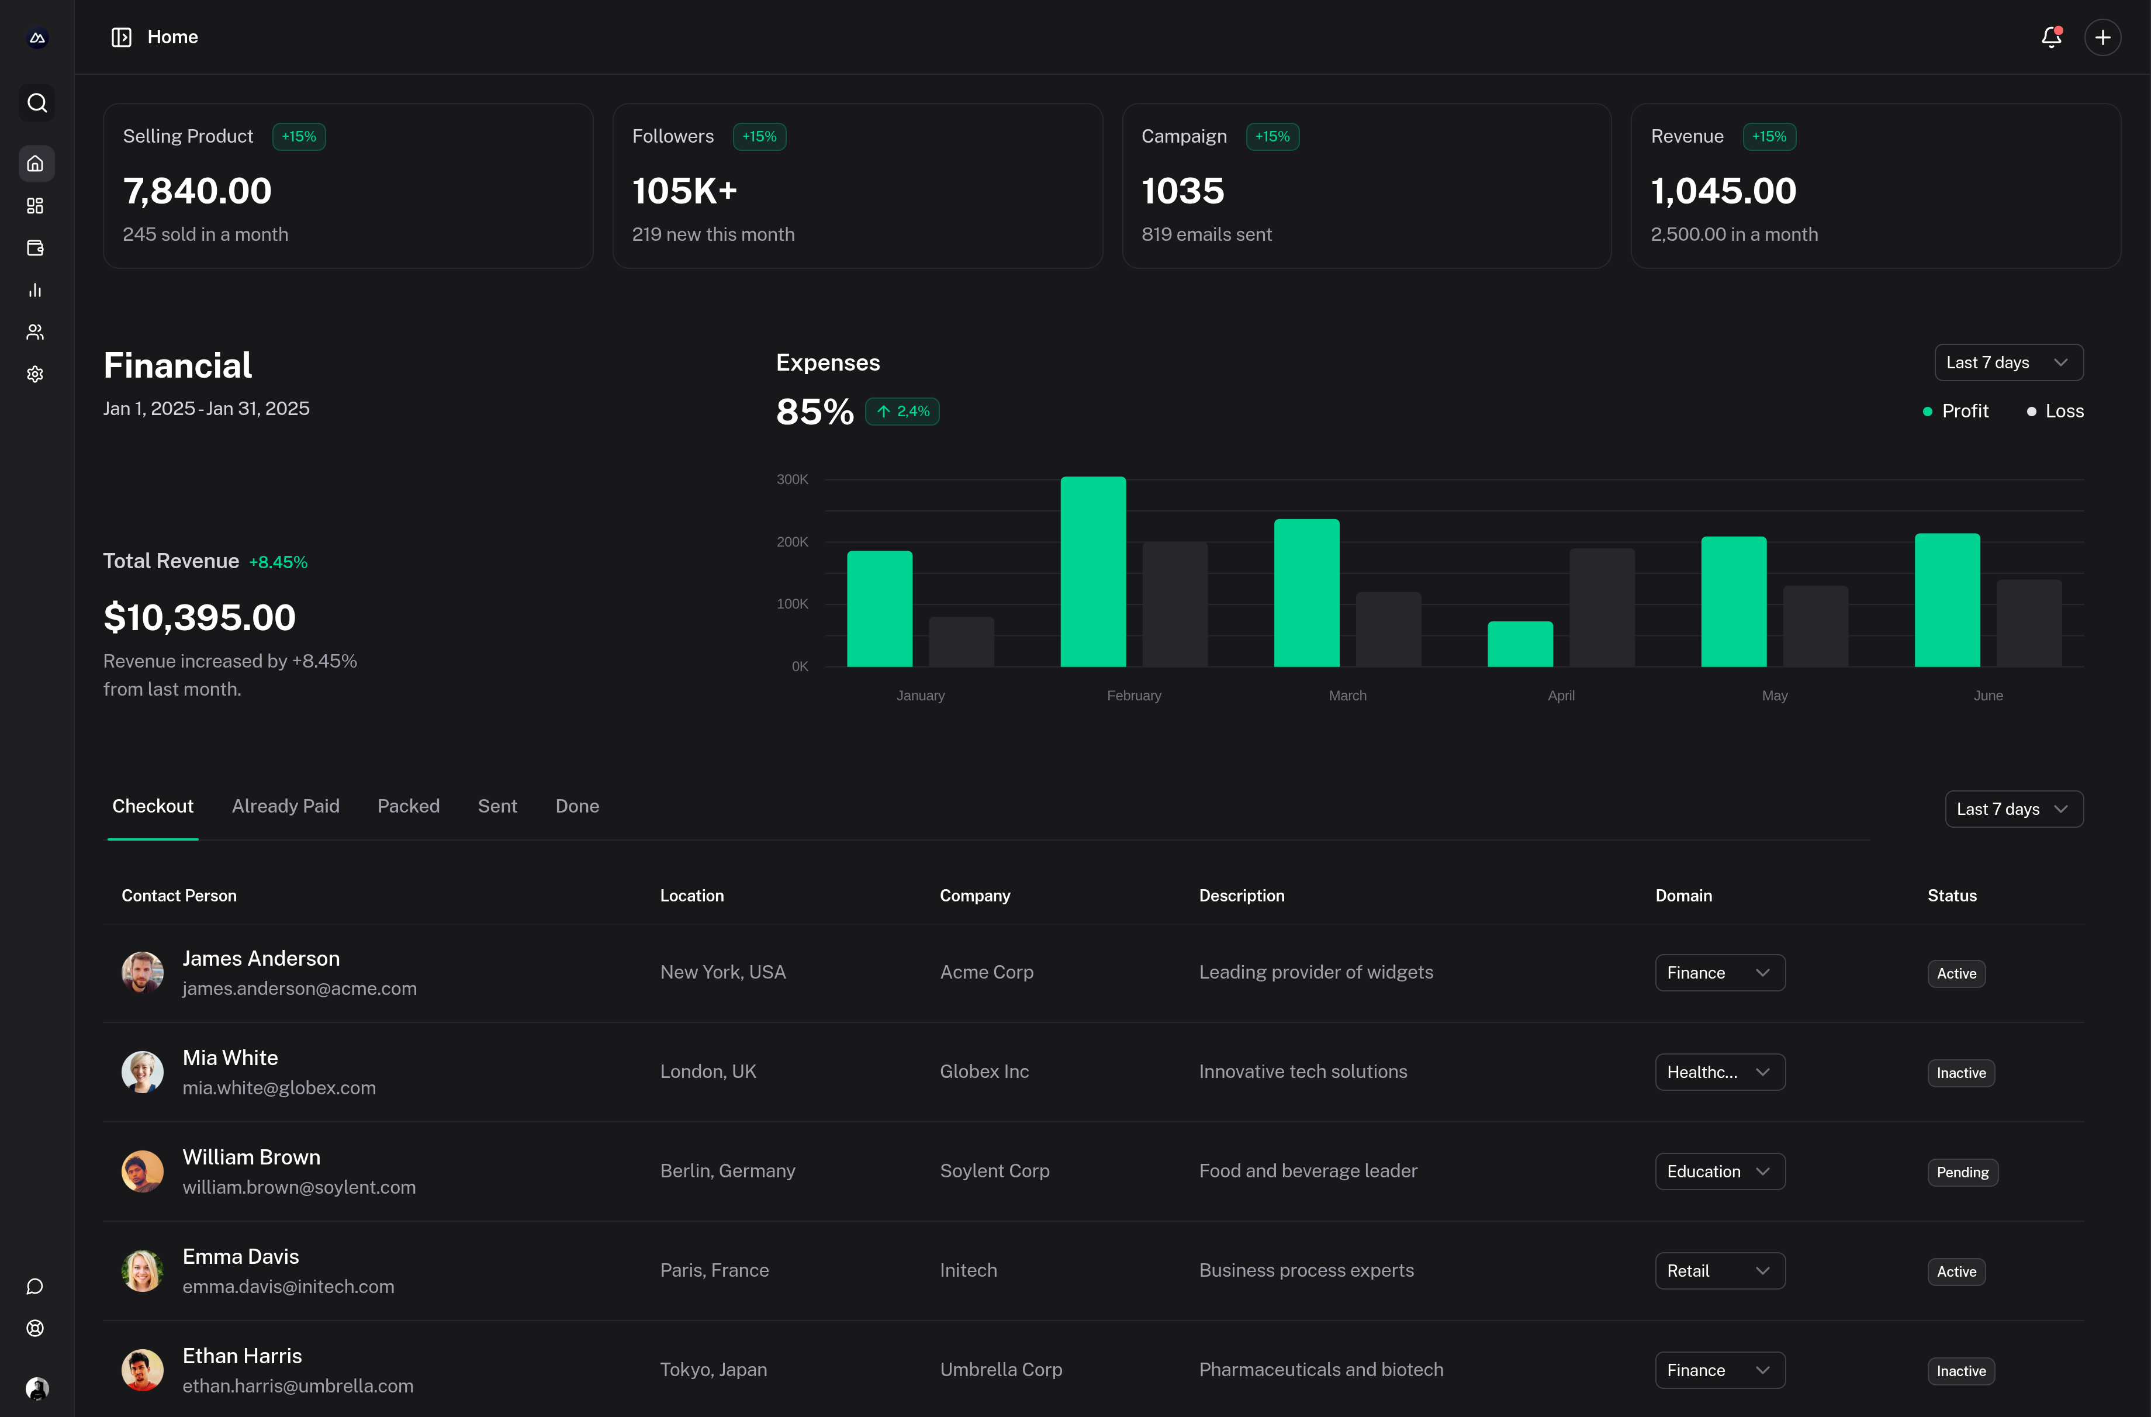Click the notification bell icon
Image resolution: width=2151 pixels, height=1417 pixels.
coord(2050,37)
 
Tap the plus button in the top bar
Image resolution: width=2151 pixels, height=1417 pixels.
coord(2102,37)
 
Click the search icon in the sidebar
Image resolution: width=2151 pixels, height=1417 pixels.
coord(36,103)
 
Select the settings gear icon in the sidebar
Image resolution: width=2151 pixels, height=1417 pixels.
coord(35,374)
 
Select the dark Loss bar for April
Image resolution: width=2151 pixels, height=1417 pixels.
coord(1602,607)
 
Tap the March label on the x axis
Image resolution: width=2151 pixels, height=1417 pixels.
coord(1347,695)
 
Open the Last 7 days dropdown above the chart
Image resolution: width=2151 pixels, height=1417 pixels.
coord(2008,362)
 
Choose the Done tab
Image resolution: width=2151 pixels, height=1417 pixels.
coord(576,806)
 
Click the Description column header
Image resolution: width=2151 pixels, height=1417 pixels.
coord(1241,896)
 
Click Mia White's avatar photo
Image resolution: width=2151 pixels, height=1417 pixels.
coord(143,1072)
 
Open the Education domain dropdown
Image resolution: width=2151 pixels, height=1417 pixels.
coord(1719,1171)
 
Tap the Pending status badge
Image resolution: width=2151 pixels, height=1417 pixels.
coord(1962,1172)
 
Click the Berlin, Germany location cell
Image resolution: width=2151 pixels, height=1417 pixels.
coord(728,1171)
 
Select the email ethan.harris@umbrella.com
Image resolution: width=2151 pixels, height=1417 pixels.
coord(298,1386)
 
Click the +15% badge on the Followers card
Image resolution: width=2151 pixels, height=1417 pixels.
coord(759,136)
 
